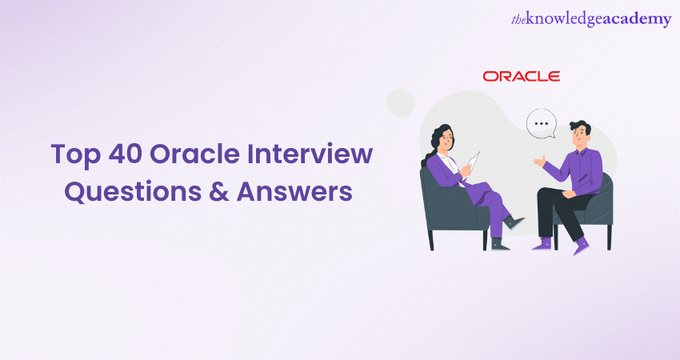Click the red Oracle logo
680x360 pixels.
pos(522,77)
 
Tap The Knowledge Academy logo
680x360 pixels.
pos(591,20)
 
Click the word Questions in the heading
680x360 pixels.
pos(133,191)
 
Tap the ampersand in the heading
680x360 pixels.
pos(219,191)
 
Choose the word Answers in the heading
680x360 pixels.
pos(294,191)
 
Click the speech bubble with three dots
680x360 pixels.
pos(542,124)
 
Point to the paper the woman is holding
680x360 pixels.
pos(472,162)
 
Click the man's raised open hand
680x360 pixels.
pos(539,162)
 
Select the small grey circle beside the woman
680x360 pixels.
pos(401,102)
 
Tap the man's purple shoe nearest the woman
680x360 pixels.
pos(542,244)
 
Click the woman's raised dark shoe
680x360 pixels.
pos(514,222)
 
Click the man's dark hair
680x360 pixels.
pos(580,127)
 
